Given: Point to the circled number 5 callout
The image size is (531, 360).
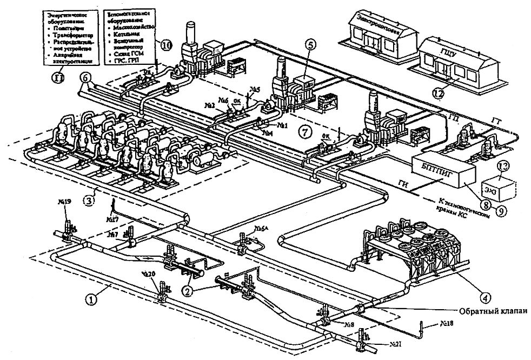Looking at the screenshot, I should pos(309,46).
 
